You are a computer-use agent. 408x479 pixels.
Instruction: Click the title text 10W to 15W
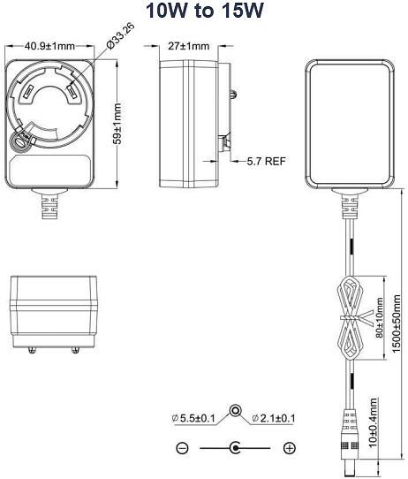click(x=204, y=11)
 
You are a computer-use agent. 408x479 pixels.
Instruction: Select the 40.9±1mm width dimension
click(x=49, y=46)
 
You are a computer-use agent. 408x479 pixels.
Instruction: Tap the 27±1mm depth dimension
click(x=189, y=46)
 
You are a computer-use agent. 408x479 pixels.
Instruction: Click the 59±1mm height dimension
click(x=117, y=124)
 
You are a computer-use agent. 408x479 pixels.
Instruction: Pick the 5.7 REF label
click(x=267, y=161)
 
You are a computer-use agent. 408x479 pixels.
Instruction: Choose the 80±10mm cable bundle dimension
click(x=380, y=317)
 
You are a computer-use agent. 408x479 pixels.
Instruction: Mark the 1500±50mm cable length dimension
click(x=396, y=323)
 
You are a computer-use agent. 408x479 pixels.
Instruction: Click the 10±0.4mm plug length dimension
click(x=373, y=422)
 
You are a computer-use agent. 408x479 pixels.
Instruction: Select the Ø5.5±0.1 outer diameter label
click(x=193, y=418)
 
